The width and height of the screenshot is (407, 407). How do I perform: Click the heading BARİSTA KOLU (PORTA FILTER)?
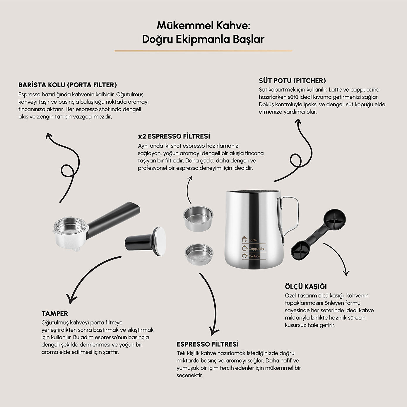click(x=68, y=85)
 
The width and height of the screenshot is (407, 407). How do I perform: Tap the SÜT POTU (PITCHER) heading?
click(x=292, y=81)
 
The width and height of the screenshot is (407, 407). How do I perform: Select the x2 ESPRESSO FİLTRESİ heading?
click(x=174, y=136)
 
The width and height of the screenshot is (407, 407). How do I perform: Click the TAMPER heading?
click(x=55, y=313)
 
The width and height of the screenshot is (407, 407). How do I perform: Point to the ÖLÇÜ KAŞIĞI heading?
click(x=306, y=287)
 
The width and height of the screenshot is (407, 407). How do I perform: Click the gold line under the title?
click(x=203, y=51)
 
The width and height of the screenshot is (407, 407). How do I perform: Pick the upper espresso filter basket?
click(x=198, y=218)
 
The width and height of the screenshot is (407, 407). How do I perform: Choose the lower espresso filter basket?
click(x=199, y=254)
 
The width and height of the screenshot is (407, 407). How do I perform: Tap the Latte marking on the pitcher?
click(x=253, y=240)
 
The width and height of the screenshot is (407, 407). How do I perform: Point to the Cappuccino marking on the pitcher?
click(x=256, y=249)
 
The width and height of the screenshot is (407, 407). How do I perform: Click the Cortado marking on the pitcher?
click(x=254, y=256)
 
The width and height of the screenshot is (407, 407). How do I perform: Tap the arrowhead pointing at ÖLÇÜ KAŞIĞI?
click(x=346, y=273)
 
